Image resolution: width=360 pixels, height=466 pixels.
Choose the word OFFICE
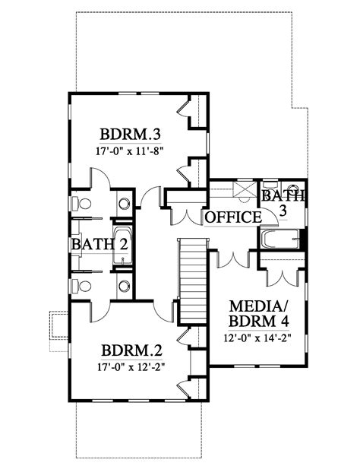(x=232, y=218)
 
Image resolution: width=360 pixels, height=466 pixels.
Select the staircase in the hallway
(x=193, y=281)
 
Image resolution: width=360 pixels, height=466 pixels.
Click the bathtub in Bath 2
(x=122, y=246)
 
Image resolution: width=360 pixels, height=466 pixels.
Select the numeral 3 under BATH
(x=283, y=213)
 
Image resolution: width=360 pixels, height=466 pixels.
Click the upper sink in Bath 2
(x=124, y=204)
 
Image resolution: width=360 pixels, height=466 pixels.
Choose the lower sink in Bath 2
(x=124, y=286)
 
